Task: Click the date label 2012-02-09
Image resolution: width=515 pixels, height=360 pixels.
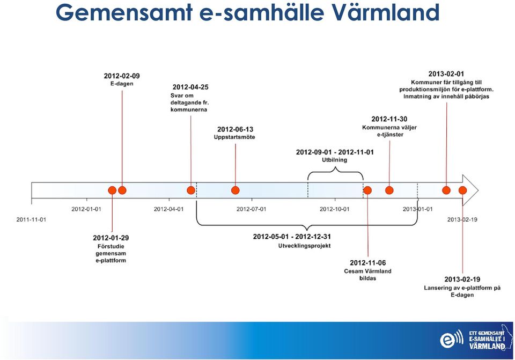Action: coord(122,76)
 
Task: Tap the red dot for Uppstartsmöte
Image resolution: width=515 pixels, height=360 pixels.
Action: coord(235,190)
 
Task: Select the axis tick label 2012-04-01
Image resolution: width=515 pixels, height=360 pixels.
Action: coord(169,209)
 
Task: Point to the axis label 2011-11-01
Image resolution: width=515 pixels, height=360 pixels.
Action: coord(31,219)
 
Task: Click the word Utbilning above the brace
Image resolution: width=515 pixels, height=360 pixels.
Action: coord(334,160)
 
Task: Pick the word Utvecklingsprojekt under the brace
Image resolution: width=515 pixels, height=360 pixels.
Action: coord(305,246)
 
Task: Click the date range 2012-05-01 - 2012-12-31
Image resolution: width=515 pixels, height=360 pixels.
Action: coord(292,237)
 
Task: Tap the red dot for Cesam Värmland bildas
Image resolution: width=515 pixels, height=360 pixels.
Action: coord(367,190)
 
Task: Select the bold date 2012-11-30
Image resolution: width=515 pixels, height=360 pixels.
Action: coord(389,119)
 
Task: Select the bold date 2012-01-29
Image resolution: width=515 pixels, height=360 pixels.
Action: coord(111,238)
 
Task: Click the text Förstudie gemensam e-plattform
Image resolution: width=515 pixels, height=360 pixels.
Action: coord(111,253)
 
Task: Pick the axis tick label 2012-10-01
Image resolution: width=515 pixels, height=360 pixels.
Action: coord(335,209)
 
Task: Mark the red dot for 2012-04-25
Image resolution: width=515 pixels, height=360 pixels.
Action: coord(191,190)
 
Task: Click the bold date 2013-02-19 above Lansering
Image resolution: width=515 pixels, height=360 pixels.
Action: coord(462,279)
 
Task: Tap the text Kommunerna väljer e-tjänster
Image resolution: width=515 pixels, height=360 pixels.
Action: coord(389,131)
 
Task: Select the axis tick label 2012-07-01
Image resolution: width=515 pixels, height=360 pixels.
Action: coord(251,209)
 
